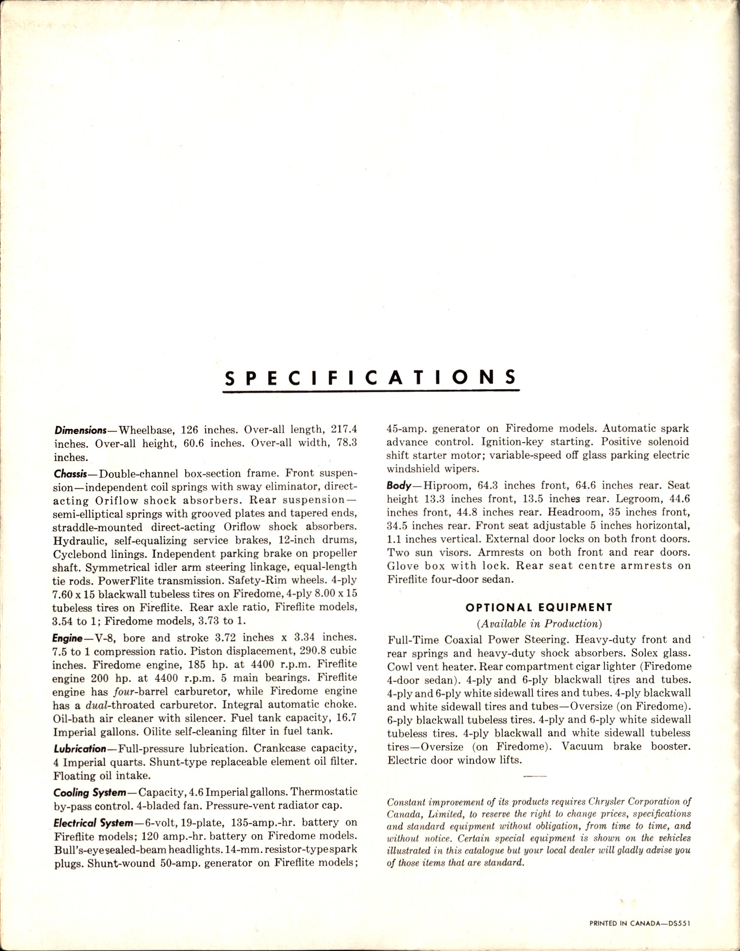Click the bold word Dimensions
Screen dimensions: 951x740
pyautogui.click(x=81, y=430)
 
